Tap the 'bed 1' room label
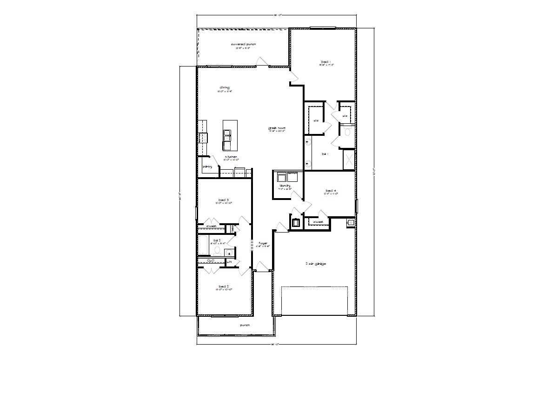point(326,62)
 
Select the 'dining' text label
point(225,87)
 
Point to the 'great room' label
point(276,128)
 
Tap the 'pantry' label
point(207,167)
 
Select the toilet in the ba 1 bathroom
point(347,133)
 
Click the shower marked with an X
point(349,160)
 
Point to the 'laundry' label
point(285,186)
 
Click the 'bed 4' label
point(330,191)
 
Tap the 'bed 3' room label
point(224,200)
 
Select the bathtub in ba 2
point(203,246)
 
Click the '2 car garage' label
point(315,264)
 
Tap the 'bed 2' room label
point(224,286)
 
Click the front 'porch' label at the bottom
point(245,326)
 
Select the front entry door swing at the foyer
point(262,266)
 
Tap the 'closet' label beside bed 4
point(318,222)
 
